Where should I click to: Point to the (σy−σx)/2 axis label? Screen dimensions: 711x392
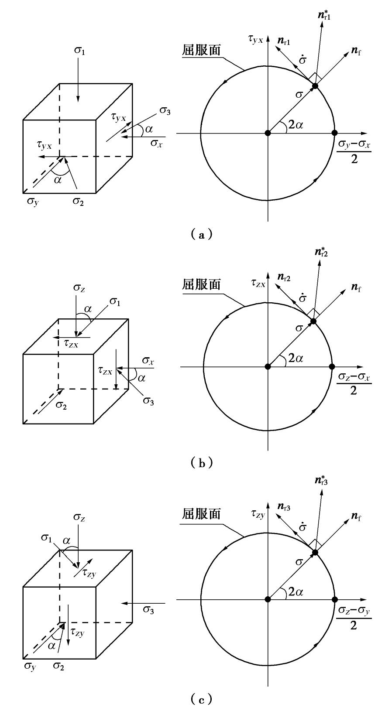click(x=354, y=151)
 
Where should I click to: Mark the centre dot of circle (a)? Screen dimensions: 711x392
click(x=268, y=133)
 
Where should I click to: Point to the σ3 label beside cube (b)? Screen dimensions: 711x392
click(x=148, y=400)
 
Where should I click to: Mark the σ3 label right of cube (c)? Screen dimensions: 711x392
click(x=148, y=610)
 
